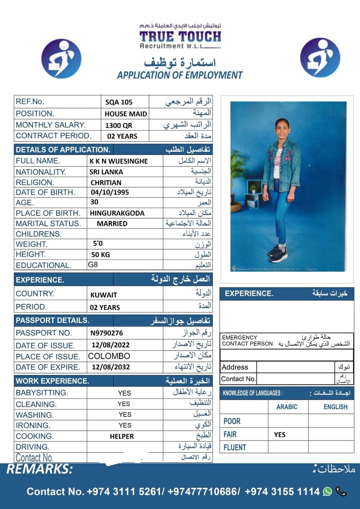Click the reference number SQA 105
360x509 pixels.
119,102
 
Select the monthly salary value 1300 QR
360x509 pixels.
118,125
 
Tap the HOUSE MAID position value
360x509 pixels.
126,114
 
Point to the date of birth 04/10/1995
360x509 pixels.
110,192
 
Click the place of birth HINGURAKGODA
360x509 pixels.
117,213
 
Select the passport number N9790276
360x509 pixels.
107,333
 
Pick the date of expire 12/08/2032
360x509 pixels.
111,367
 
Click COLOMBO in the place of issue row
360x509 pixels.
109,356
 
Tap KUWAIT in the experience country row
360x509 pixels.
104,295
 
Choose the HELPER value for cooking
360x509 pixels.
122,436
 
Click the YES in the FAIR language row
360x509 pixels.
280,435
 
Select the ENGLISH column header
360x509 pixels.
335,407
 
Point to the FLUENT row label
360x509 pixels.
235,448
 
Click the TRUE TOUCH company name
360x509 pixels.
180,37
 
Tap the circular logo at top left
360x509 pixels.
61,59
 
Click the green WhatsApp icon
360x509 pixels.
327,492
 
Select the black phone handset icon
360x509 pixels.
341,492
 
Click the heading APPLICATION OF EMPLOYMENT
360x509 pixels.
180,75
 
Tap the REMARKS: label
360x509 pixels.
40,469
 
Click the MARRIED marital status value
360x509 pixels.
112,224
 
